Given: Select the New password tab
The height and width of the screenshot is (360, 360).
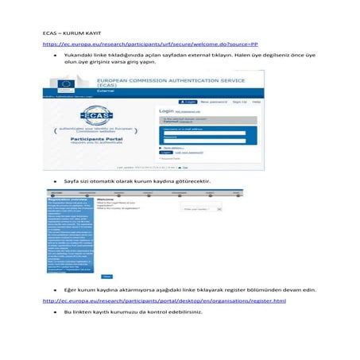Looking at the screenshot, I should click(213, 103).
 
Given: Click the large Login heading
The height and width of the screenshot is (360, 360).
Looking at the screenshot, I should click(168, 111).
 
